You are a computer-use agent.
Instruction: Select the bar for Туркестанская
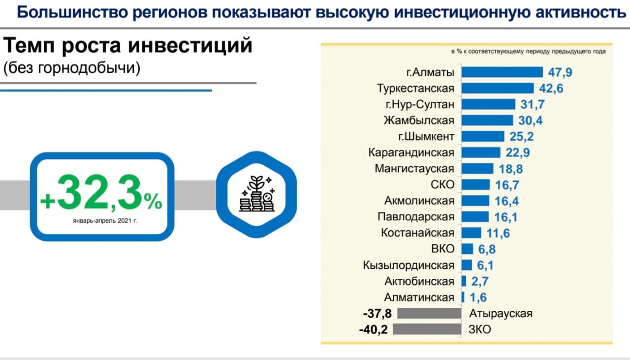pos(498,89)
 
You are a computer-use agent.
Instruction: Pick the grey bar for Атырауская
pos(429,313)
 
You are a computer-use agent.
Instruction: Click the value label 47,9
pos(561,73)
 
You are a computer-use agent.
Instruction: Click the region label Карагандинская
pos(411,152)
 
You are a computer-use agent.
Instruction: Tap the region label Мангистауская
pos(414,169)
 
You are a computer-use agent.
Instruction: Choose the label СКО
pos(441,185)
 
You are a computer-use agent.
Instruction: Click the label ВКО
pos(441,249)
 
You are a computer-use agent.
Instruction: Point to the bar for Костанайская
pos(472,233)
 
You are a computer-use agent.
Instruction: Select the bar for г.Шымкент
pos(483,136)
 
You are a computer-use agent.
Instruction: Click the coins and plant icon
pos(256,196)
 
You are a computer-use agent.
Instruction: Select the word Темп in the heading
pos(31,46)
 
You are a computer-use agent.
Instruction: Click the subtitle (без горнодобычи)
pos(72,68)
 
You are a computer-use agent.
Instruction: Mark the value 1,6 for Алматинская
pos(478,298)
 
